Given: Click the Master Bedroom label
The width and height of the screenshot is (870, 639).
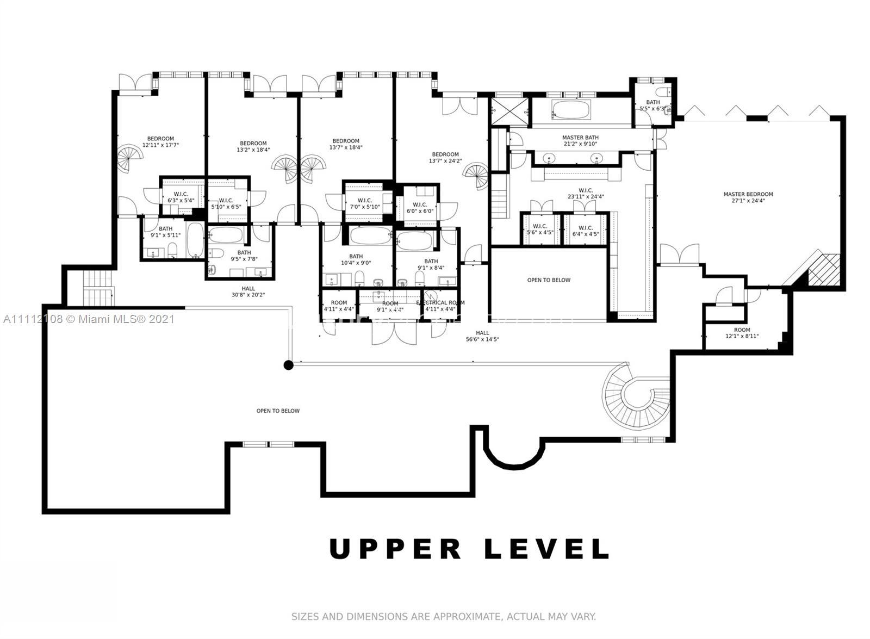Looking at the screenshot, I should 748,197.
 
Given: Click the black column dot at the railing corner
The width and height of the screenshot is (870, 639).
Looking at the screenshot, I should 289,365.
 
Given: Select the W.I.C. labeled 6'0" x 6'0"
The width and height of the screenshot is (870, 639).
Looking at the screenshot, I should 420,208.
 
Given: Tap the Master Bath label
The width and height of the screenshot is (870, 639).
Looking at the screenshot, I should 580,141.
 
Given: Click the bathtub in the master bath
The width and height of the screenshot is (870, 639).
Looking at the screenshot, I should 570,110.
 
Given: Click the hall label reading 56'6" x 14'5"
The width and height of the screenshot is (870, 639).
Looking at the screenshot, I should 482,336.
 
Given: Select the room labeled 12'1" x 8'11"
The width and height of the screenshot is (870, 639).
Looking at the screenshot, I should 742,333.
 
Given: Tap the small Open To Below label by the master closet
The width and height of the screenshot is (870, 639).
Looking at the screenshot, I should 549,280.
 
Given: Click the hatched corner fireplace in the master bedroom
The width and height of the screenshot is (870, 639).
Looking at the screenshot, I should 824,270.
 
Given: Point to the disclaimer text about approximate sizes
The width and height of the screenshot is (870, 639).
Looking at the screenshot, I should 443,617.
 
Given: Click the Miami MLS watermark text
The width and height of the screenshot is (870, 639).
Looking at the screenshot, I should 89,319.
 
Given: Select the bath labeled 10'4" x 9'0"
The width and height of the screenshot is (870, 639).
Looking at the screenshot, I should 356,259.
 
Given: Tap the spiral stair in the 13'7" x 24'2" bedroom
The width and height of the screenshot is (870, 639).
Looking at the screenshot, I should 477,175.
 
